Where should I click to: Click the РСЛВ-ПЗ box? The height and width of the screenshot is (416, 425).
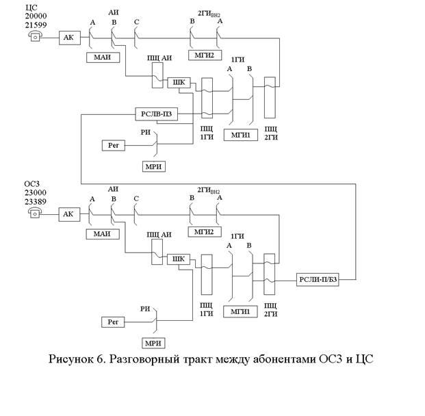pyautogui.click(x=157, y=113)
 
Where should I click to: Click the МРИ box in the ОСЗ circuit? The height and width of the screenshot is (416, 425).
pyautogui.click(x=154, y=342)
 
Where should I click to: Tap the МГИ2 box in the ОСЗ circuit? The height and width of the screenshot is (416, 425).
pyautogui.click(x=203, y=233)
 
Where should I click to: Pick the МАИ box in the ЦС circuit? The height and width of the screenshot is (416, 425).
pyautogui.click(x=103, y=57)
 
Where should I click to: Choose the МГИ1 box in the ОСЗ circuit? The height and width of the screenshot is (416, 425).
pyautogui.click(x=240, y=312)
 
